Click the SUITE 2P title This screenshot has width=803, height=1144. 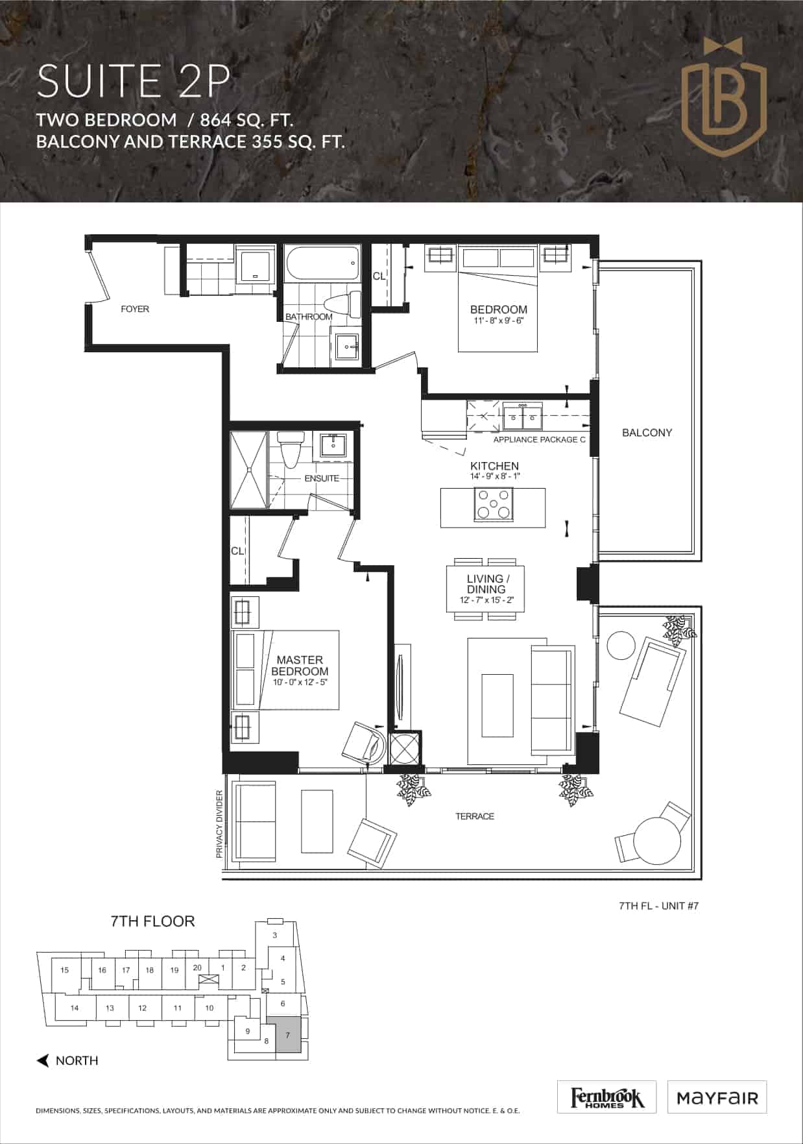(133, 82)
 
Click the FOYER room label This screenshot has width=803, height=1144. (135, 309)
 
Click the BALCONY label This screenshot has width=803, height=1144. (647, 433)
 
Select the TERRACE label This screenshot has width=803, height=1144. (475, 816)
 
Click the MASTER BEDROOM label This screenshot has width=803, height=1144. (300, 666)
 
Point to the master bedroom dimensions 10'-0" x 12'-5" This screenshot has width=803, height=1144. (300, 682)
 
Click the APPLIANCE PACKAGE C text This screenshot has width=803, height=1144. (540, 440)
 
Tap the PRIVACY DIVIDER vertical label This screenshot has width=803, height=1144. (219, 825)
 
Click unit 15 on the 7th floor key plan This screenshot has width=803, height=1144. (65, 971)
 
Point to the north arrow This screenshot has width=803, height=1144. (43, 1061)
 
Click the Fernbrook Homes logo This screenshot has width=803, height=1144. (607, 1097)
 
